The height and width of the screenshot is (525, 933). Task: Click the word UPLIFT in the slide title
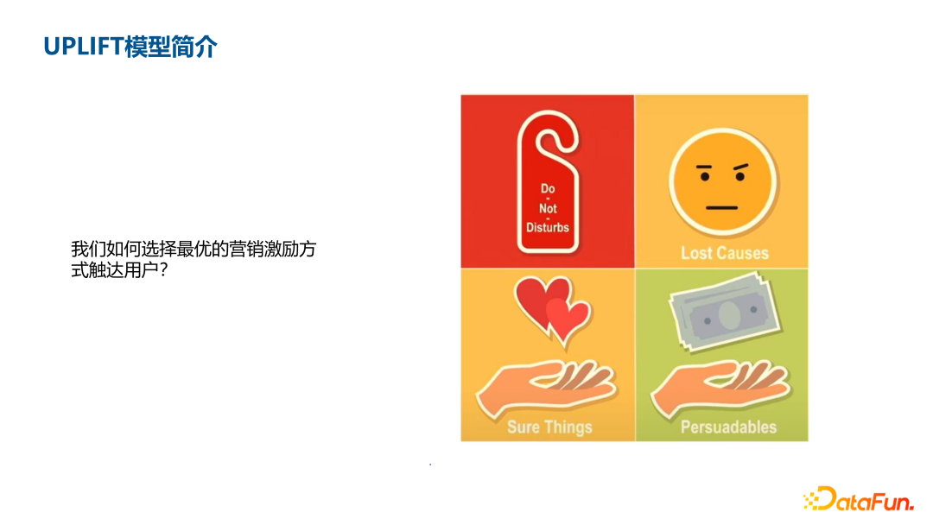(x=83, y=46)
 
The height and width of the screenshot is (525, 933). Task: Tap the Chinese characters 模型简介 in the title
(x=170, y=46)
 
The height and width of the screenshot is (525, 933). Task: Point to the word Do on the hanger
(x=548, y=188)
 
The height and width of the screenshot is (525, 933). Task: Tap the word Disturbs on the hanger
(x=548, y=228)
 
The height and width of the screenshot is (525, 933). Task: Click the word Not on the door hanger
(x=548, y=208)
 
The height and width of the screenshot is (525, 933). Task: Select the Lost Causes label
(x=724, y=253)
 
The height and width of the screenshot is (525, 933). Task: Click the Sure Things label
(x=549, y=427)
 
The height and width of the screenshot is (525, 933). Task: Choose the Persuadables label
(x=728, y=427)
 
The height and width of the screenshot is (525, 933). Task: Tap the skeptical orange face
(x=722, y=182)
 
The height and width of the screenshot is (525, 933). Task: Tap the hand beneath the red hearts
(x=544, y=386)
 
